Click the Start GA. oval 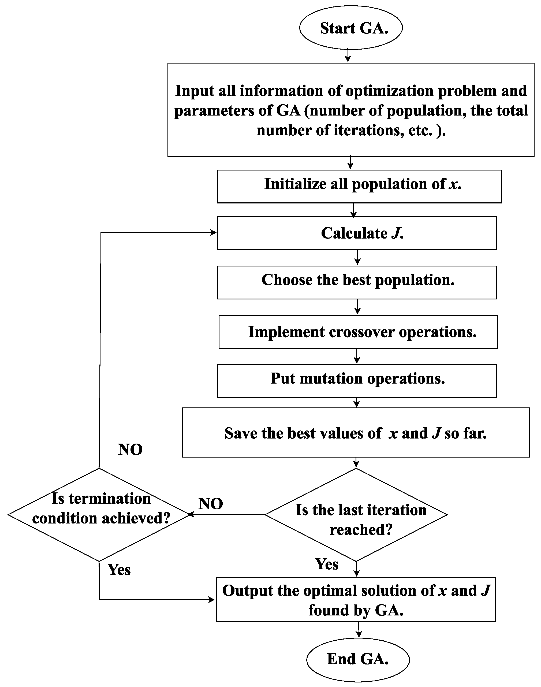coord(351,28)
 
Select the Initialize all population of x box coord(359,186)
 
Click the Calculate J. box coord(357,233)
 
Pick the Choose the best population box coord(357,282)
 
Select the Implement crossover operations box coord(358,332)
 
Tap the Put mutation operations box coord(357,381)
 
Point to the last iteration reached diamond coord(356,515)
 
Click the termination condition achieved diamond coord(99,515)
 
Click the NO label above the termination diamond coord(130,449)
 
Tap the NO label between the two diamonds coord(211,504)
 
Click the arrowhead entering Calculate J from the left coord(213,233)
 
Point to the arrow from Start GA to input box coord(348,56)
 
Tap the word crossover coord(361,332)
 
